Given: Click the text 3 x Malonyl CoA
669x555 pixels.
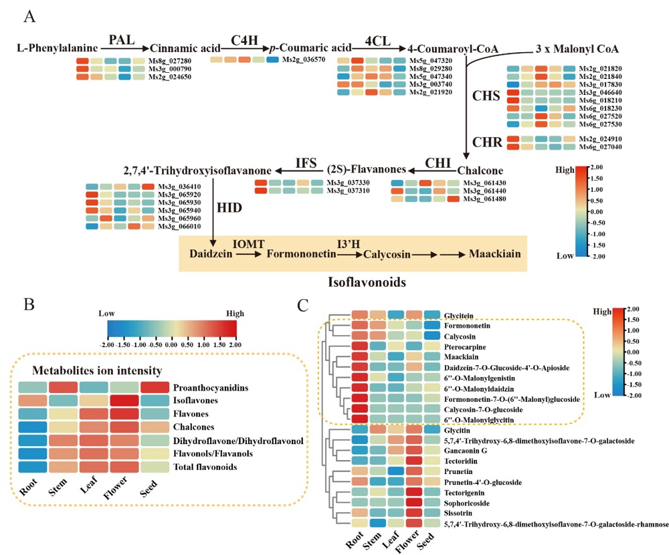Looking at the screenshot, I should point(577,49).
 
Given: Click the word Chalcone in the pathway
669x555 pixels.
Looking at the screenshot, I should point(480,170).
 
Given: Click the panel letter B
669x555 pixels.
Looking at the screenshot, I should point(30,305).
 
